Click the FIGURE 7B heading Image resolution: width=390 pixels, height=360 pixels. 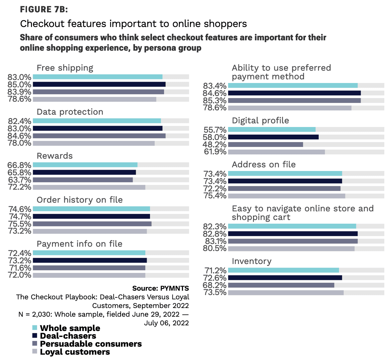44,9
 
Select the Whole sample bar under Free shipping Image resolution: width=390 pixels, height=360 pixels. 97,77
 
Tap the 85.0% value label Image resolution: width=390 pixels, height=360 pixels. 19,85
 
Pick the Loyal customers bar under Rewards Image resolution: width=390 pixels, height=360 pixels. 89,187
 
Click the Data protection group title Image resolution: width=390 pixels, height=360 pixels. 70,112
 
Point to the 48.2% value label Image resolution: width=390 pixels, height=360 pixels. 215,145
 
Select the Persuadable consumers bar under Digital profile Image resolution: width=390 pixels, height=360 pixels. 265,145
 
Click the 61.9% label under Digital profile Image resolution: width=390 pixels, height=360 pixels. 215,152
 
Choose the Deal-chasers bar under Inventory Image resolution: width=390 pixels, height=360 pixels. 285,278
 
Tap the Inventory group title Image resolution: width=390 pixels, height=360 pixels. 252,261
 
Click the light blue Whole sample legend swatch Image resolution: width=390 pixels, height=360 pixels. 35,328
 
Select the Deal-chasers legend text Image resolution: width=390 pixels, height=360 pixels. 68,336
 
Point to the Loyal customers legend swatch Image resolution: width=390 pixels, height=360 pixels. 35,352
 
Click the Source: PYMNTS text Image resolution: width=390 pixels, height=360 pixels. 160,288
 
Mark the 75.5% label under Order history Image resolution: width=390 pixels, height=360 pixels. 19,224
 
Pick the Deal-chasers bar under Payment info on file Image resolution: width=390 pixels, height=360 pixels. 90,260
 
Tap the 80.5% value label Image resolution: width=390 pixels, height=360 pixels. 215,249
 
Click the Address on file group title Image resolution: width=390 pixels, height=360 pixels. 264,165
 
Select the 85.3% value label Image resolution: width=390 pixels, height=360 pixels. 215,101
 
